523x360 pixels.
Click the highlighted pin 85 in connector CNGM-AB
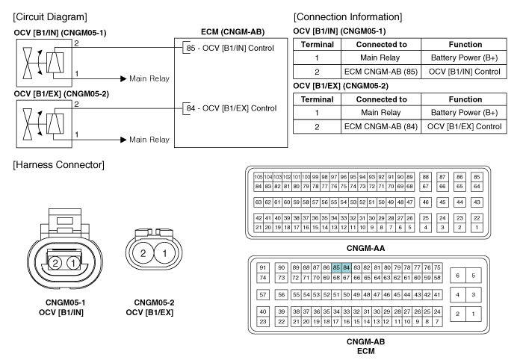pos(336,267)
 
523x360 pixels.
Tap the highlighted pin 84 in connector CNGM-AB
pos(346,267)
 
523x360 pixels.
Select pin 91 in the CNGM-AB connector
pos(263,267)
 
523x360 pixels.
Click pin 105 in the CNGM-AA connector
pos(259,177)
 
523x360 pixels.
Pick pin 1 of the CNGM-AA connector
pos(477,228)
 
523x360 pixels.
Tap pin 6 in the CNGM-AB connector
pos(457,276)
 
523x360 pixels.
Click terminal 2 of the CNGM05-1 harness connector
pos(55,264)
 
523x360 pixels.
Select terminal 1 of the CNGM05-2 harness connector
pos(164,253)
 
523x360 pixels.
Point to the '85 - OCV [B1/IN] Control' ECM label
pos(230,48)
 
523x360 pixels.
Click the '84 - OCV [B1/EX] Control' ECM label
pos(232,108)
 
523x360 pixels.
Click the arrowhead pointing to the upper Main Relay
pos(123,78)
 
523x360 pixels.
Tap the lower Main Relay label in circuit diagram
pos(149,140)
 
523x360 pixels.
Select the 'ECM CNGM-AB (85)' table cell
pos(381,72)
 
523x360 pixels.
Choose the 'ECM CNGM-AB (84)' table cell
pos(381,127)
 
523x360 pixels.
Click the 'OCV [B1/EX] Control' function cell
pos(464,127)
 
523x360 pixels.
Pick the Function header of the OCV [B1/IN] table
pos(465,45)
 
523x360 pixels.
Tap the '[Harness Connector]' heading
pos(59,165)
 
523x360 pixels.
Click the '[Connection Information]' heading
pos(348,17)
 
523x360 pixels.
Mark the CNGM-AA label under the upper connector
pos(365,248)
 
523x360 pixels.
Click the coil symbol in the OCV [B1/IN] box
pos(55,62)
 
